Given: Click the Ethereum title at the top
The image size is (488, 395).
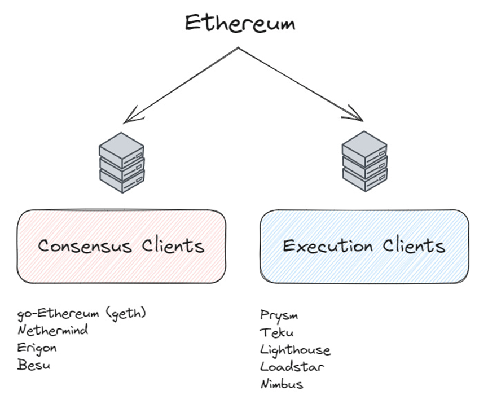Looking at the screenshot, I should [x=240, y=23].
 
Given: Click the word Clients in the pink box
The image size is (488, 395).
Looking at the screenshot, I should [x=173, y=246].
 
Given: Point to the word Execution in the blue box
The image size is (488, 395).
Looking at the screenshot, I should [x=328, y=246].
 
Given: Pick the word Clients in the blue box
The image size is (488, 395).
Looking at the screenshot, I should [x=414, y=246].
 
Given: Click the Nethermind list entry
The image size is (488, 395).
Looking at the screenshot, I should [x=53, y=331].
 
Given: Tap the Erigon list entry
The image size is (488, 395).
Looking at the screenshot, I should [x=37, y=348].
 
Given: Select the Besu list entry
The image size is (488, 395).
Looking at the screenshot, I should [x=34, y=365].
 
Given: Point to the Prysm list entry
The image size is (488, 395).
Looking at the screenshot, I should [x=279, y=315].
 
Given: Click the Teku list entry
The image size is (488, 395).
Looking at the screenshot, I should [x=277, y=332].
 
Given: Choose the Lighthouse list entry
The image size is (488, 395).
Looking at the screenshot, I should [x=296, y=350].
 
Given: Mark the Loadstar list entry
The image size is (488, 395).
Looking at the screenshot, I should [x=292, y=367].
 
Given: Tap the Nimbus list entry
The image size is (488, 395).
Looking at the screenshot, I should [x=282, y=384].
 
